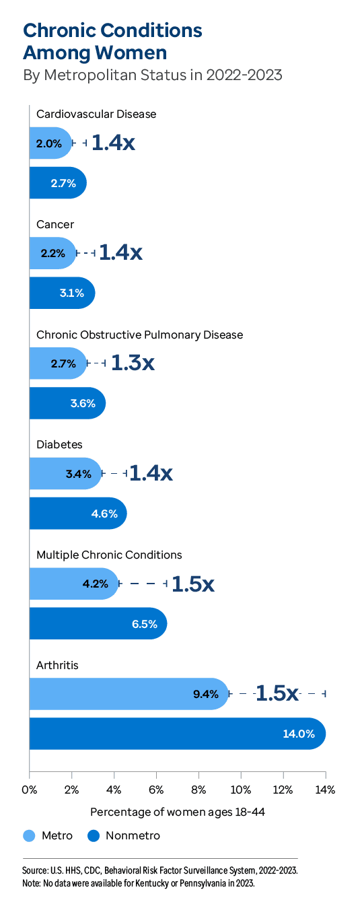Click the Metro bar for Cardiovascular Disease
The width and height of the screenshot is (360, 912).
[x=50, y=143]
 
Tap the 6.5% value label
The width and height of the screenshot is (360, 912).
[x=145, y=624]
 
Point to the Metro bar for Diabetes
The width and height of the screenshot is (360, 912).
[x=65, y=474]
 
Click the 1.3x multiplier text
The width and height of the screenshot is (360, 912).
[x=133, y=363]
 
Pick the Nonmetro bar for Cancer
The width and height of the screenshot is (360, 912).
[x=61, y=293]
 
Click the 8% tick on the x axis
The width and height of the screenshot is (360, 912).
[x=199, y=789]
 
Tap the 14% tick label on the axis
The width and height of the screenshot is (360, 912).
[x=325, y=789]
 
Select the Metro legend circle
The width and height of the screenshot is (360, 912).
[x=29, y=836]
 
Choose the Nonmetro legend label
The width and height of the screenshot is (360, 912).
[x=133, y=836]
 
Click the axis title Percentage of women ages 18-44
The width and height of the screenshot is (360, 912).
[x=178, y=812]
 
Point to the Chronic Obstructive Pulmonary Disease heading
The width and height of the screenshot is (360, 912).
[x=139, y=335]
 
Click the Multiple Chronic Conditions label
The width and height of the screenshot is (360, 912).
[x=109, y=555]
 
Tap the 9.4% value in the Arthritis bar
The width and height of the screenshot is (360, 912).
[x=206, y=694]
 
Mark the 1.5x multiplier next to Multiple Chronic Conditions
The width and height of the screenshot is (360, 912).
[x=193, y=584]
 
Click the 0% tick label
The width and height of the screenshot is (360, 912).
[x=29, y=789]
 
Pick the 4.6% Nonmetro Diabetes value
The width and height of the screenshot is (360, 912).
[x=104, y=514]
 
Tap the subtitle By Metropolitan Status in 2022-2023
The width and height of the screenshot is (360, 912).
[x=152, y=75]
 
